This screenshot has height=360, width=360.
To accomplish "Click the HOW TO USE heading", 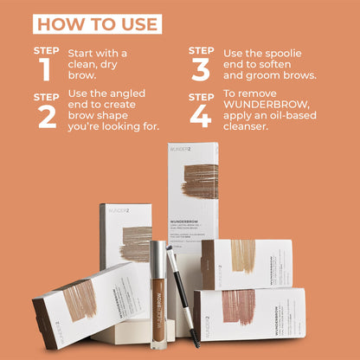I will [x=97, y=22].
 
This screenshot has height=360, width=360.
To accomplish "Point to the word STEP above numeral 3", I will [x=202, y=50].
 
